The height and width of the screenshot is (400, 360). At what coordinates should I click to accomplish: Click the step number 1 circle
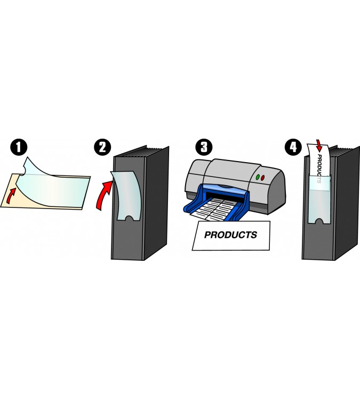pos(19,147)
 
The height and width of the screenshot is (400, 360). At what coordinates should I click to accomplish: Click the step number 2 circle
pos(102,147)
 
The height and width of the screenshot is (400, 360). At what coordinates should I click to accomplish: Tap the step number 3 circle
pos(204,147)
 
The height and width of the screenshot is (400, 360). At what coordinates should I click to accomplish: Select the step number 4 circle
pos(293,147)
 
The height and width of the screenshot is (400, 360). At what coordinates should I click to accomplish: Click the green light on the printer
pos(258,177)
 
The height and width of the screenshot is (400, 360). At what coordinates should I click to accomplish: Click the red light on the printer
pos(262,178)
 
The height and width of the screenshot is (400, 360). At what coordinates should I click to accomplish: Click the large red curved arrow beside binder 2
pos(104,195)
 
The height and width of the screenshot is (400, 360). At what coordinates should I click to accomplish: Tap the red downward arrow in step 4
pos(319,145)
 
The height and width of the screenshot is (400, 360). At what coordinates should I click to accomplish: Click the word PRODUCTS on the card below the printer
pos(230,235)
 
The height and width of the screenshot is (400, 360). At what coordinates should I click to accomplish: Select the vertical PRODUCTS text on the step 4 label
pos(319,169)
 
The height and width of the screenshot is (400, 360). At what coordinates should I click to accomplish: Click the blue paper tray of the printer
pos(215,202)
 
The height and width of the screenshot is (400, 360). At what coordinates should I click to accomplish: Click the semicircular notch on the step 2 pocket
pos(130,219)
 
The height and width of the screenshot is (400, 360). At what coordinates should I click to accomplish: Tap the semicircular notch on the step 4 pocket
pos(319,221)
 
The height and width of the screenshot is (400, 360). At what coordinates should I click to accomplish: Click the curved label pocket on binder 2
pos(127,196)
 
